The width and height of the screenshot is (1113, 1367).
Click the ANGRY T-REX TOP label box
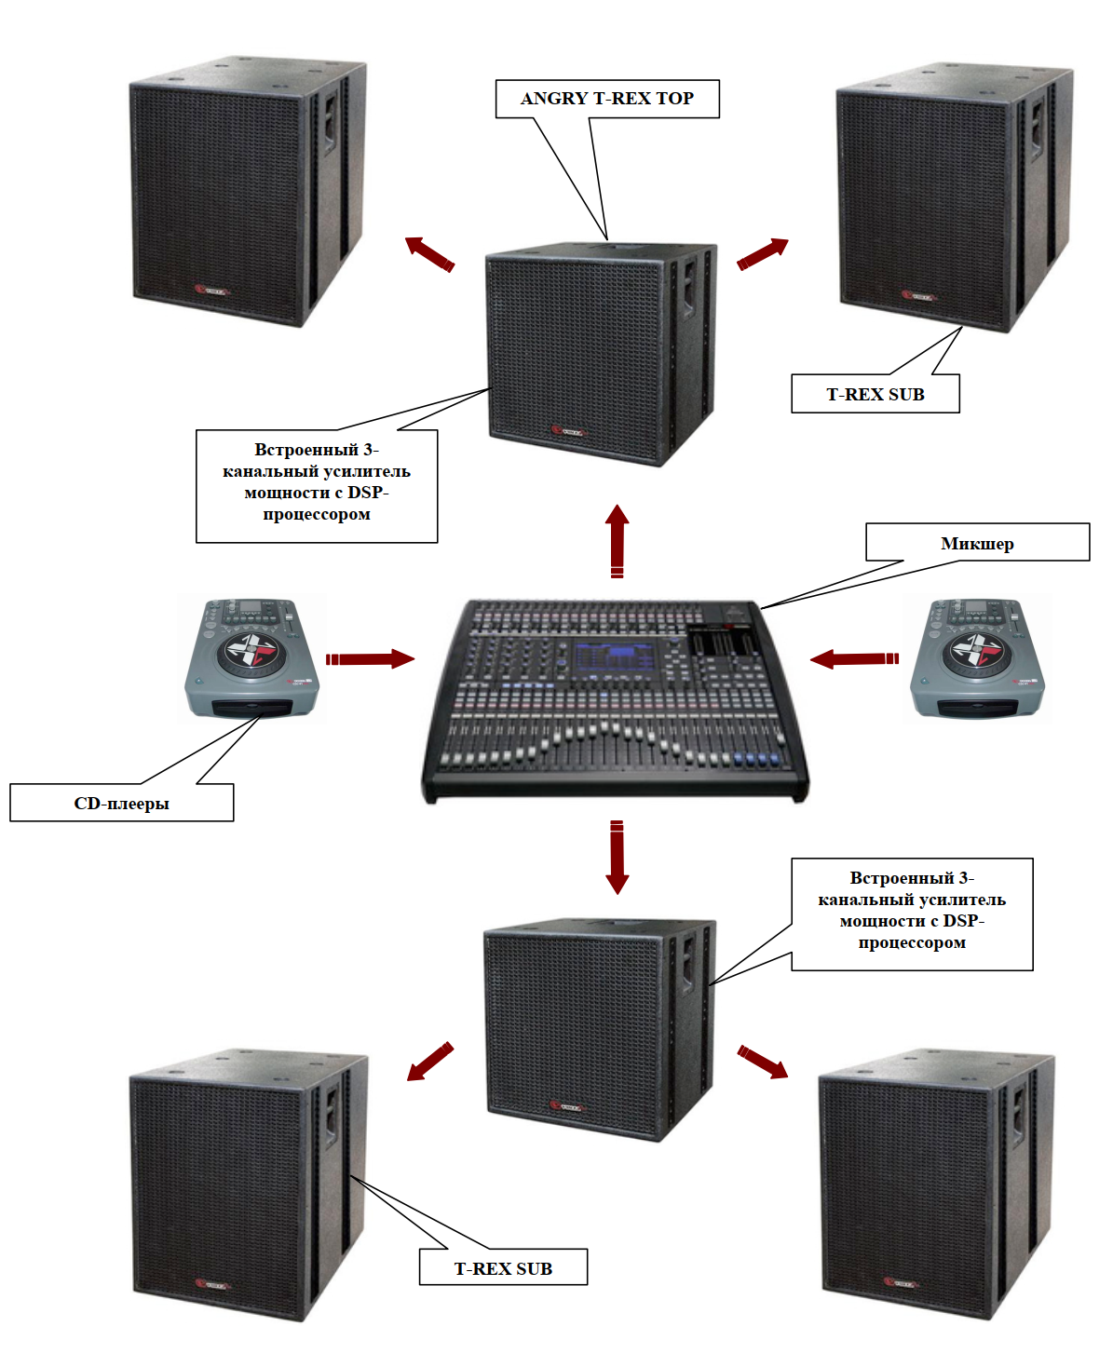pos(607,99)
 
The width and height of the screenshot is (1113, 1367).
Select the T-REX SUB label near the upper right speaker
pos(875,394)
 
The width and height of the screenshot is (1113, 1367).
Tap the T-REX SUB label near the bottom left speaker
pos(503,1267)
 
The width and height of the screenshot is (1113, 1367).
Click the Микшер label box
pos(977,543)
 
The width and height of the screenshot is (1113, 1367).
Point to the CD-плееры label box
pos(121,803)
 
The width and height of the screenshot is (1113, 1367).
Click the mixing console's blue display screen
pos(617,657)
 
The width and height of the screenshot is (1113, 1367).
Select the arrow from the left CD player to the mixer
pos(370,659)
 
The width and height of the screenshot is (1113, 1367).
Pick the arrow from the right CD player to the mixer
pos(854,659)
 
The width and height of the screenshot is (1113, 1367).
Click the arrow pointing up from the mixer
pos(617,540)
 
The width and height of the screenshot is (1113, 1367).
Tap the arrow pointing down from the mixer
pos(617,858)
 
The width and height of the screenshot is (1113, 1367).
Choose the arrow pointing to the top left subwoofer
pos(429,252)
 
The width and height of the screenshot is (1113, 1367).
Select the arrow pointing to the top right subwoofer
pos(763,253)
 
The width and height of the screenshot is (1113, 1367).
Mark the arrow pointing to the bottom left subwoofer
pos(430,1062)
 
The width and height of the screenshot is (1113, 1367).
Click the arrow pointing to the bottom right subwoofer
pos(763,1062)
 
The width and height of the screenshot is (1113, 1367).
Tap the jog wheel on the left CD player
pos(249,651)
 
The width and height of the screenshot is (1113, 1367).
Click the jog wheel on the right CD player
pos(975,651)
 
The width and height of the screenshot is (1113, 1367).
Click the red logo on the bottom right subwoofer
pos(902,1283)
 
